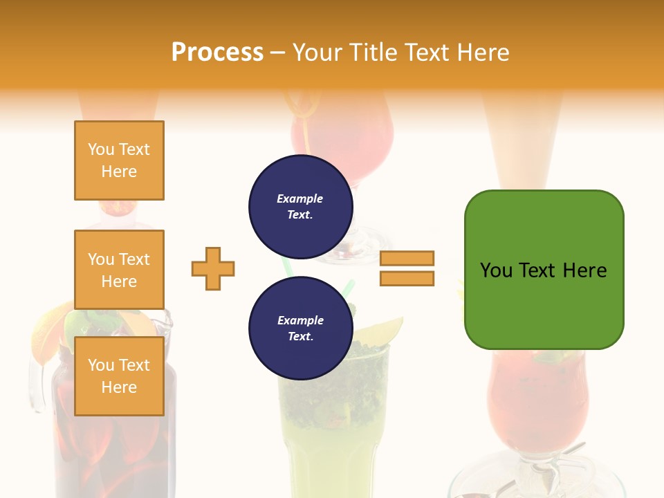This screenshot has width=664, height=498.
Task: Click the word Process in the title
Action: [217, 53]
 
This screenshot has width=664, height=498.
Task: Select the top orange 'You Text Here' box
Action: [119, 160]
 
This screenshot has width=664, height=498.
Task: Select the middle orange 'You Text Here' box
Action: [119, 270]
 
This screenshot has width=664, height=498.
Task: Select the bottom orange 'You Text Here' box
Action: [119, 376]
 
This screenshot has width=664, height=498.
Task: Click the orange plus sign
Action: [213, 268]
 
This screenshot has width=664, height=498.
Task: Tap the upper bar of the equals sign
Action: [407, 258]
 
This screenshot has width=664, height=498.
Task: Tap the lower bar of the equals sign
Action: [407, 279]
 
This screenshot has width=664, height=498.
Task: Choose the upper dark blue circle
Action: [301, 207]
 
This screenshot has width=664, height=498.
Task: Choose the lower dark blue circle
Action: [301, 329]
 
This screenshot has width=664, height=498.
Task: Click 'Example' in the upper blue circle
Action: [299, 199]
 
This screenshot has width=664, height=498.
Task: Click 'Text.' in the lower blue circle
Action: [301, 337]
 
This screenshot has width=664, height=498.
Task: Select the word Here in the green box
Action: [585, 270]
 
